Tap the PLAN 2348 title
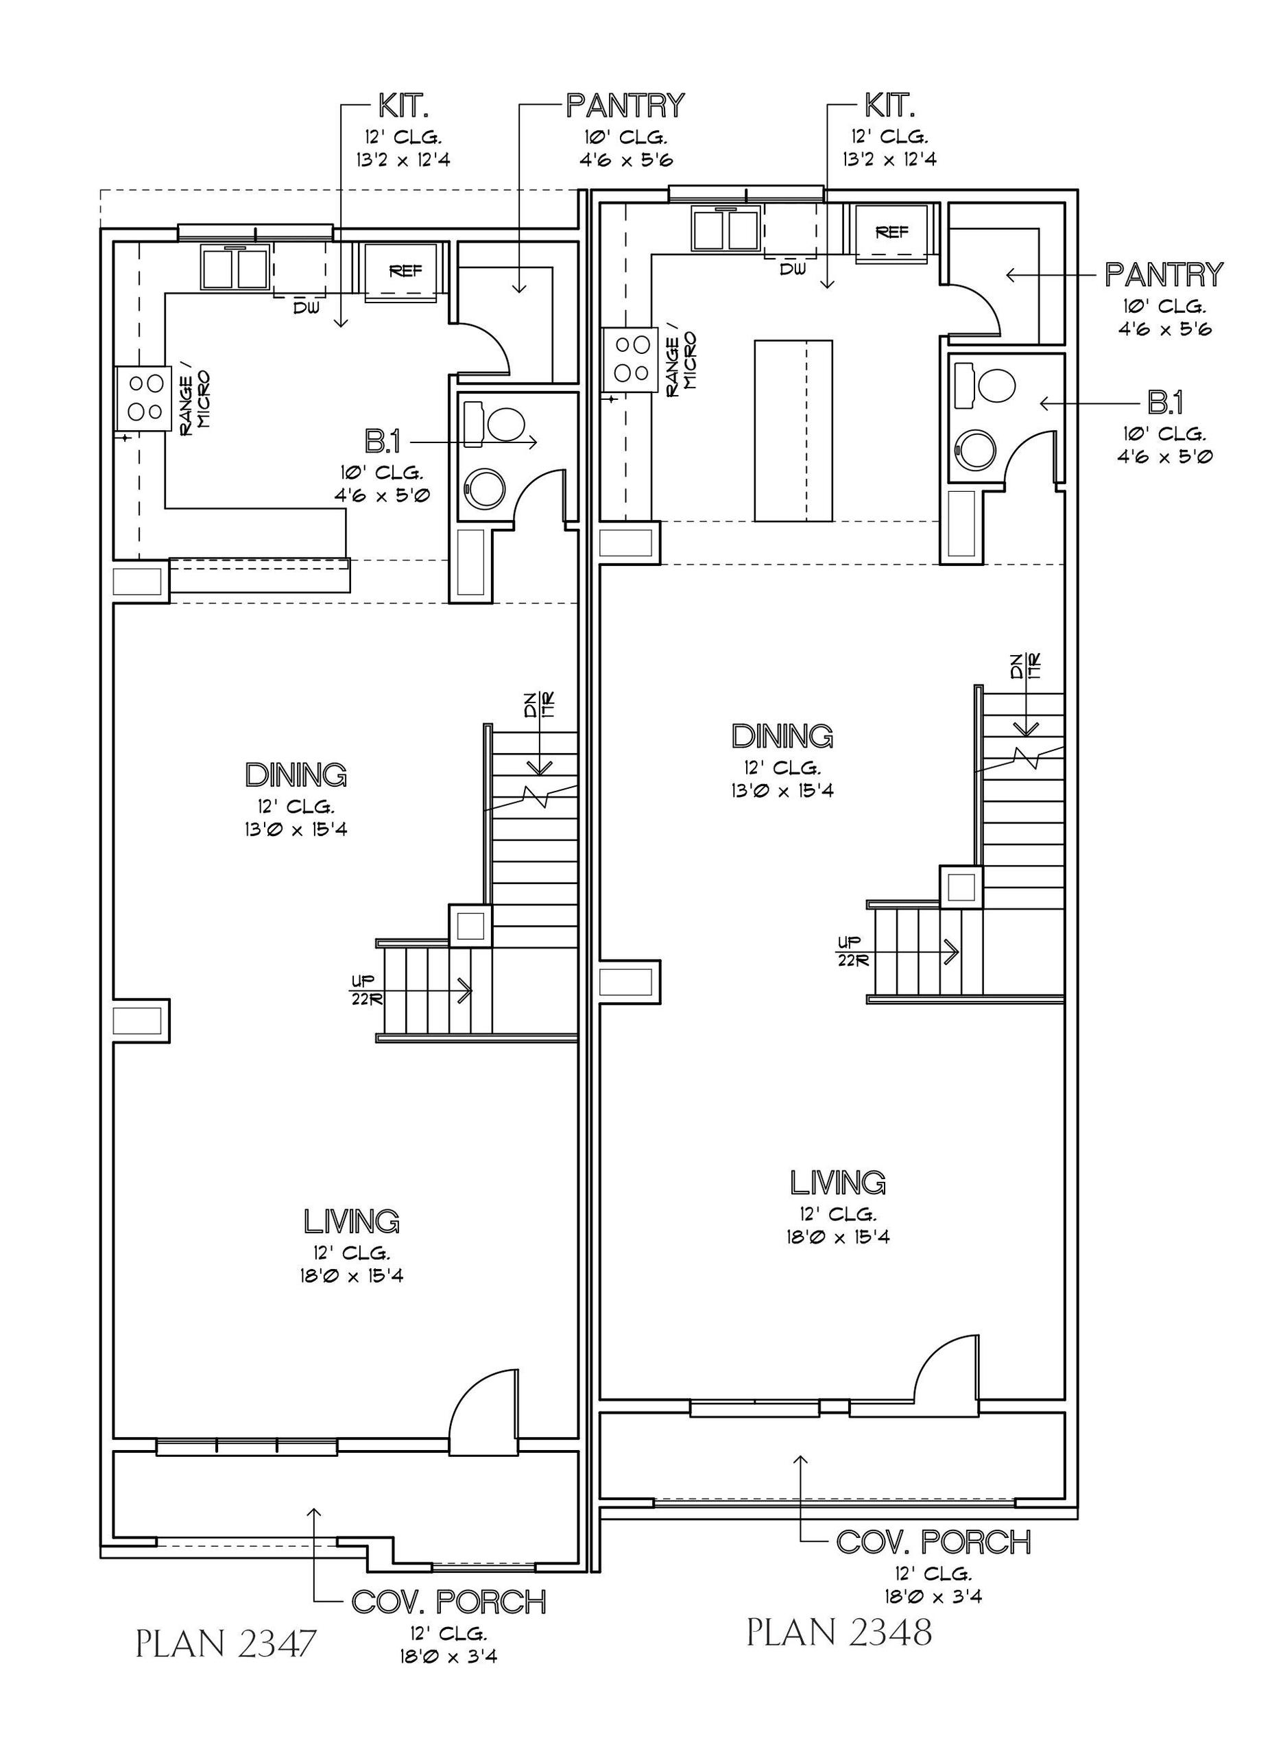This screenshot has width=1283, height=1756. pos(839,1633)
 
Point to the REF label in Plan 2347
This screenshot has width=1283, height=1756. pos(405,271)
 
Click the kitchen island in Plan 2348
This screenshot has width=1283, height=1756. pos(793,431)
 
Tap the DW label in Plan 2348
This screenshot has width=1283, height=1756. pos(792,269)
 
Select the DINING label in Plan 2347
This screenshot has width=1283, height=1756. pos(296,774)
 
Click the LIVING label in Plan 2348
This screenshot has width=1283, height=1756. pos(838,1183)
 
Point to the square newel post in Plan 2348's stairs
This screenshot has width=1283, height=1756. pos(961,886)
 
